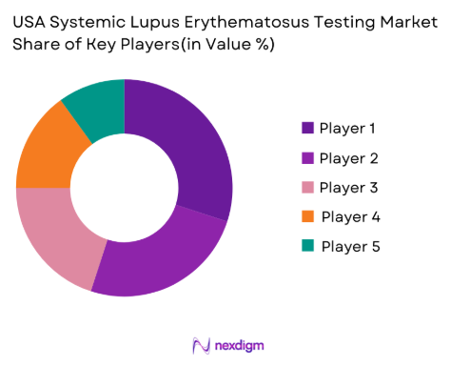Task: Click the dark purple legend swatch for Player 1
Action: pos(307,128)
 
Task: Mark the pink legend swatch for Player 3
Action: pos(307,187)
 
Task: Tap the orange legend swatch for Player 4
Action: pos(307,216)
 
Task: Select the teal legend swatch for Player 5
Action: pos(307,246)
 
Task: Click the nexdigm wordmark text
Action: pos(239,344)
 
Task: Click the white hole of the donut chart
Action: pos(124,188)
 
